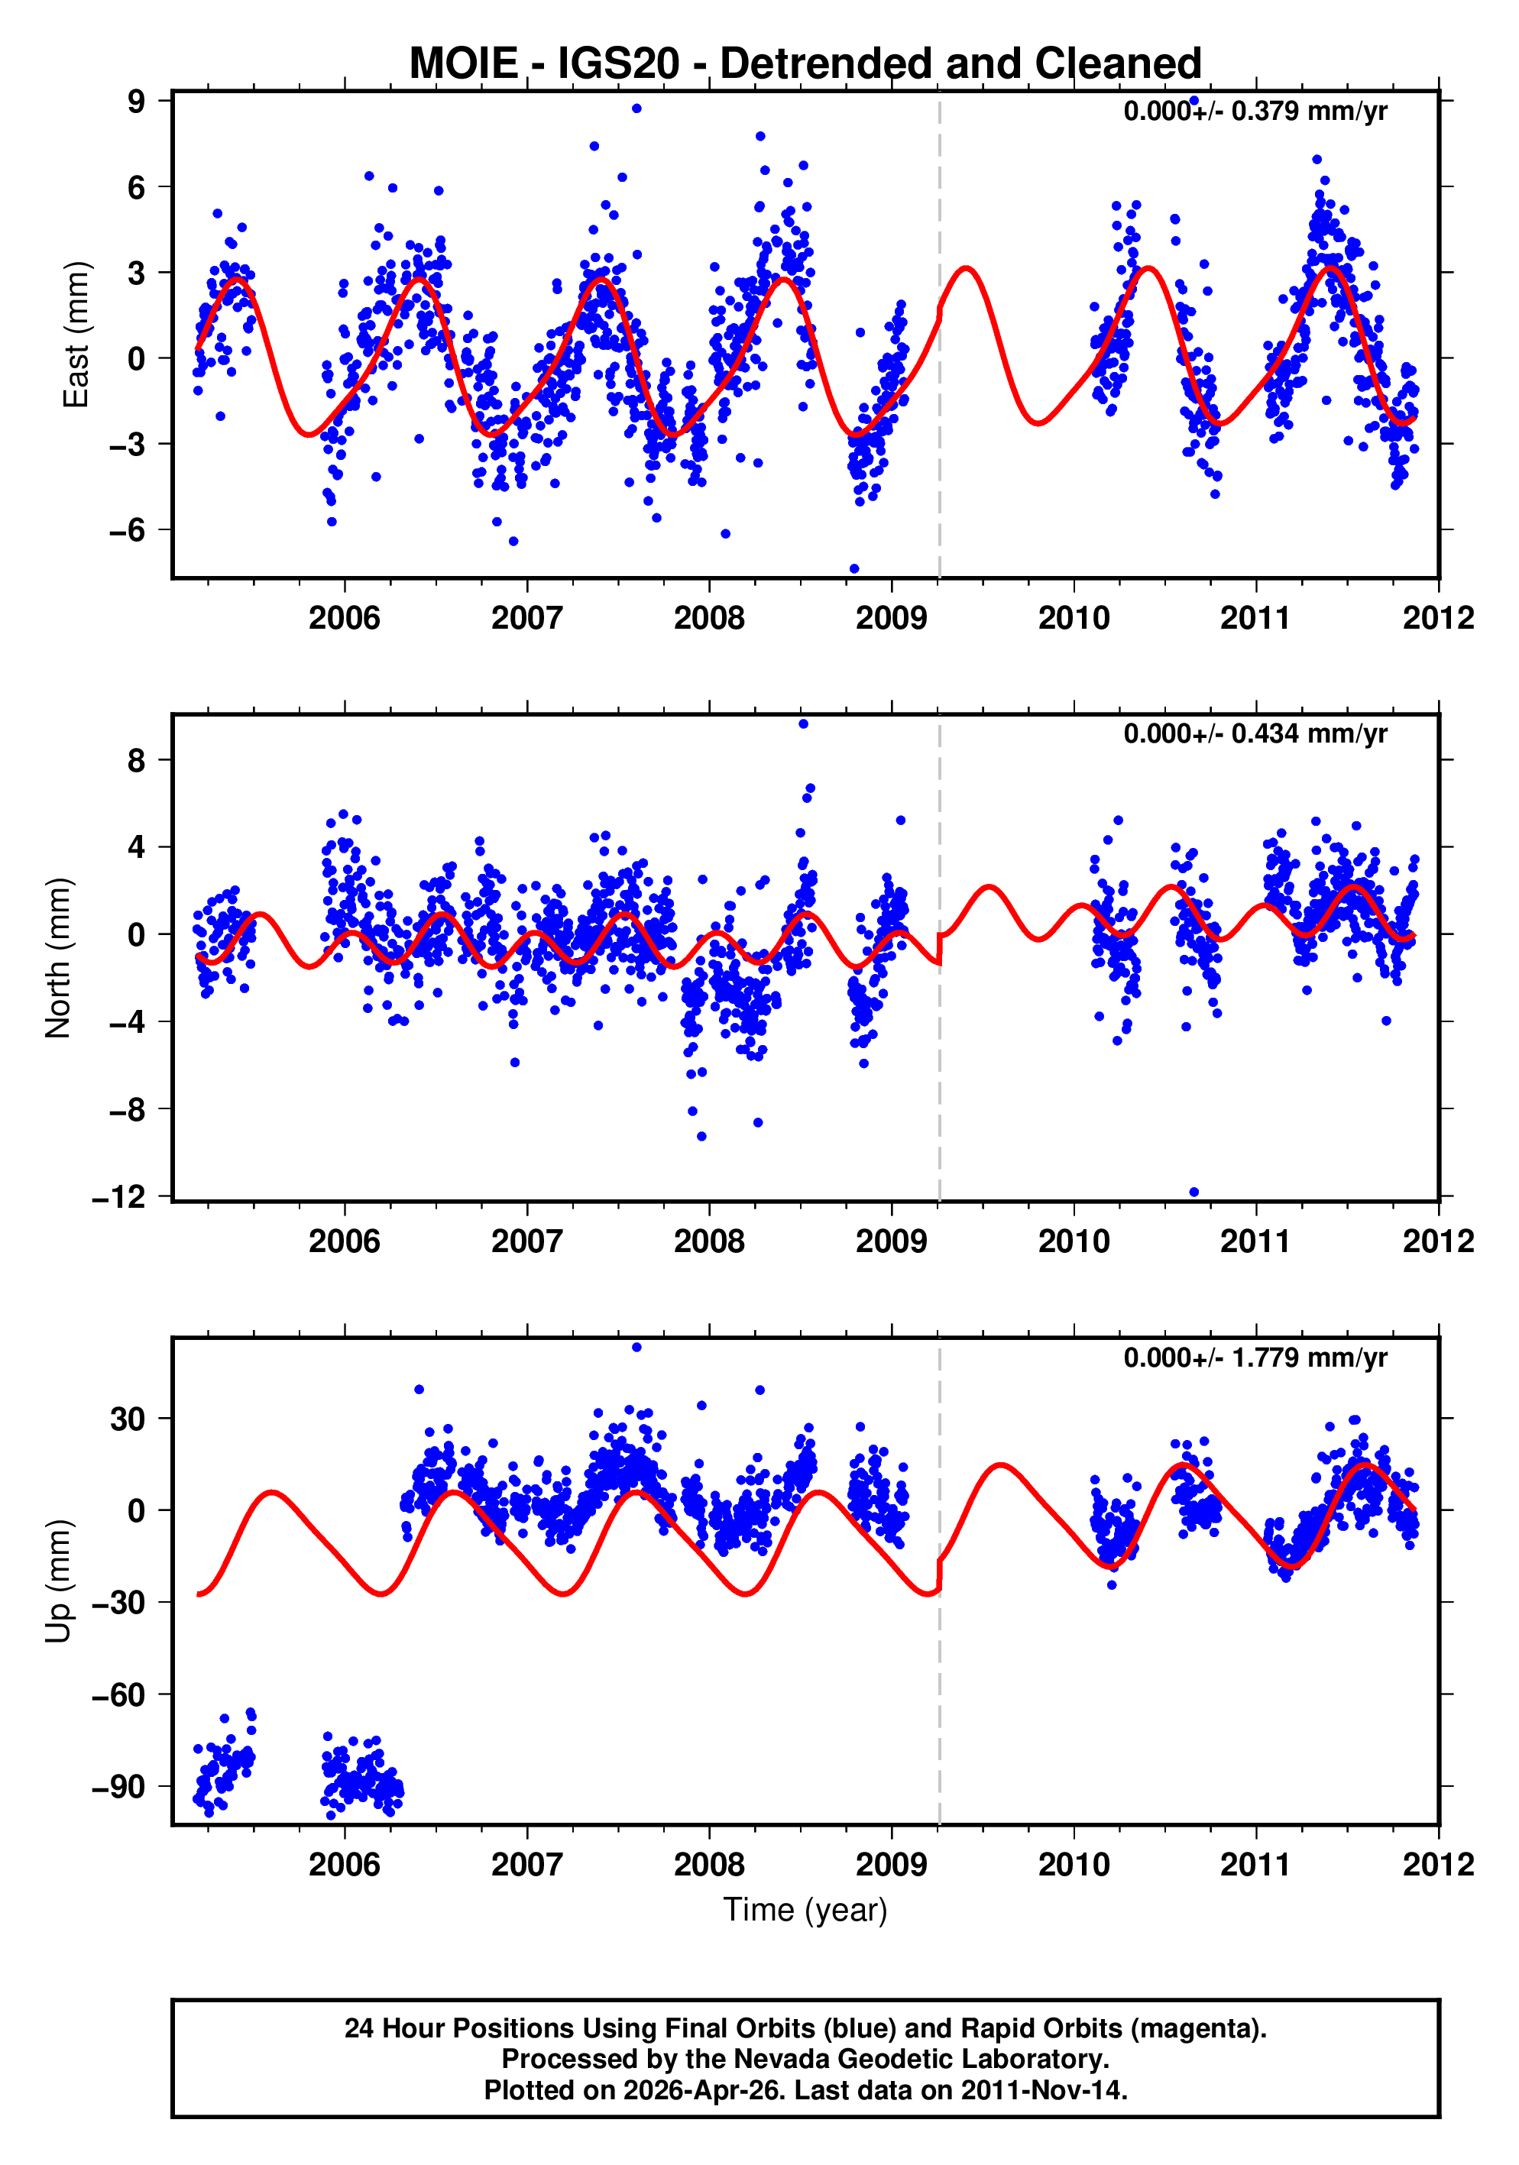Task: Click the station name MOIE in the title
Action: coord(463,64)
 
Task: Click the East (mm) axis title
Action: coord(76,335)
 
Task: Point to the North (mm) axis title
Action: coord(59,958)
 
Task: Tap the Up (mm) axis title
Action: coord(59,1581)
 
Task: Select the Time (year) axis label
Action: coord(805,1909)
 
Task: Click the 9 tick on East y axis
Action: coord(137,101)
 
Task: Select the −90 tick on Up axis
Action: coord(118,1787)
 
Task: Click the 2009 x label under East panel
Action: coord(891,619)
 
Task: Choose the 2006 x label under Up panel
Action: coord(344,1865)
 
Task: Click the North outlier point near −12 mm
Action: coord(1193,1192)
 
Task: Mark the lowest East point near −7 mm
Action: coord(854,568)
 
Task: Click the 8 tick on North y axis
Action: coord(137,760)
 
